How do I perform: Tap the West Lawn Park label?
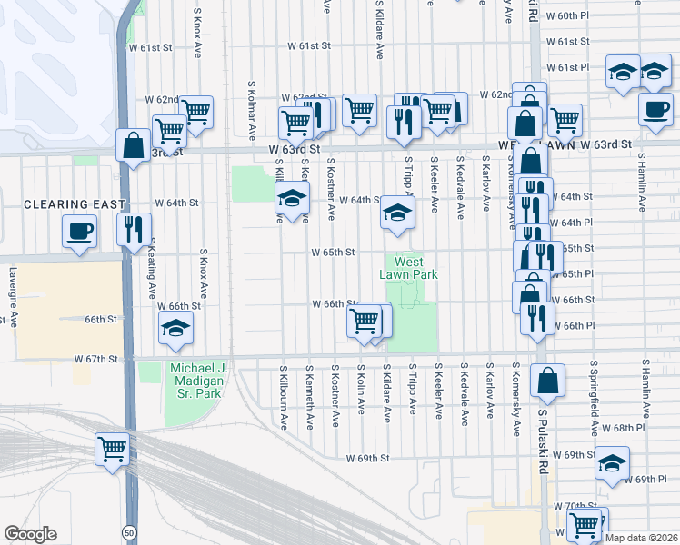pos(415,269)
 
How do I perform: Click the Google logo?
pos(29,534)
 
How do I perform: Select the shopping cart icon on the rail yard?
pos(113,450)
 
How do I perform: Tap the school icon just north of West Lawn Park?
pos(397,213)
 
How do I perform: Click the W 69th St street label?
pos(367,459)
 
